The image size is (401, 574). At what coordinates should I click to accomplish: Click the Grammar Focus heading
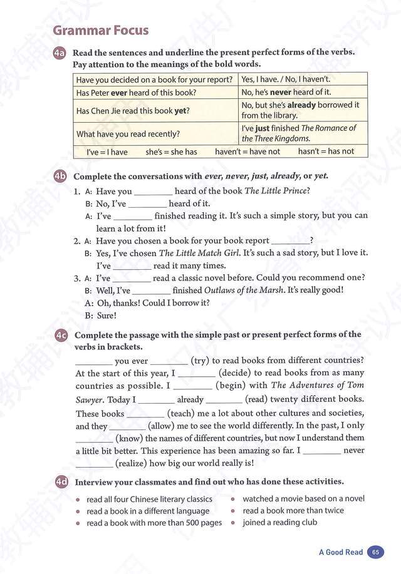101,29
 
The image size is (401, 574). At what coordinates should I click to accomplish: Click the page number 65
375,552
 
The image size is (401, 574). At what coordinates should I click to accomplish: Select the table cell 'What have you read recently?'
127,133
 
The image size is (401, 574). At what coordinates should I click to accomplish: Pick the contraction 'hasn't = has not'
326,151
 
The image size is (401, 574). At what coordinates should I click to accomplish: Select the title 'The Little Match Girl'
199,253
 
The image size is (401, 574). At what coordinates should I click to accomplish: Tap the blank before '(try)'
169,361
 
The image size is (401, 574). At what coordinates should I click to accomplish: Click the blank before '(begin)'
193,386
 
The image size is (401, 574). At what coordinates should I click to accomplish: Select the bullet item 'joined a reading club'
279,522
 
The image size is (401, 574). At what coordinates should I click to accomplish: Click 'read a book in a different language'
148,511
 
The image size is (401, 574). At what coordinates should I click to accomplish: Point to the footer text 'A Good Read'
340,552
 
